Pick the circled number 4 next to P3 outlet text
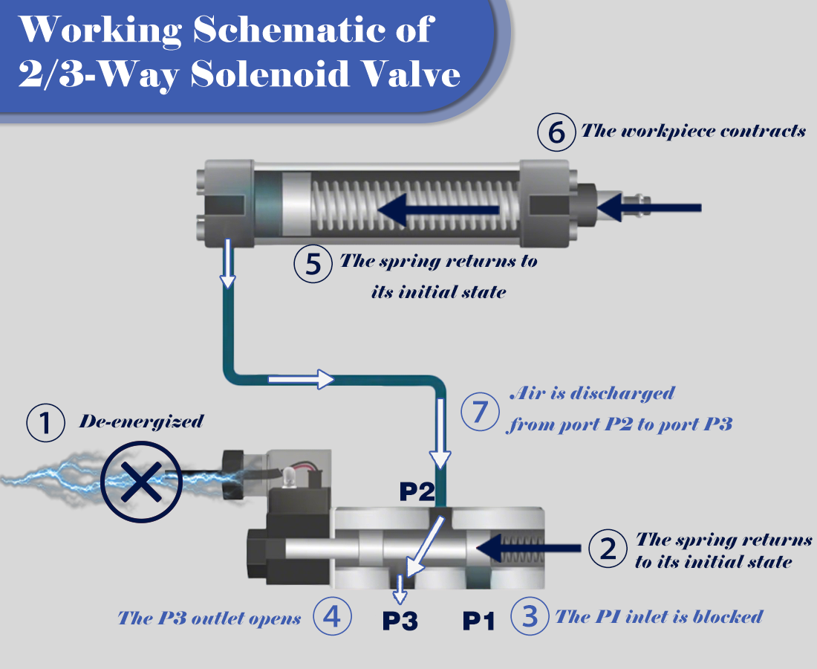tap(331, 618)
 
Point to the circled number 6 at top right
tap(556, 132)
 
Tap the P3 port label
tap(400, 621)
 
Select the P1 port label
tap(478, 621)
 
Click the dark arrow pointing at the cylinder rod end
tap(649, 207)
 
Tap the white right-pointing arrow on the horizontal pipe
tap(300, 380)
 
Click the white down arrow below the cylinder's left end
tap(228, 263)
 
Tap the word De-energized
tap(141, 421)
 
